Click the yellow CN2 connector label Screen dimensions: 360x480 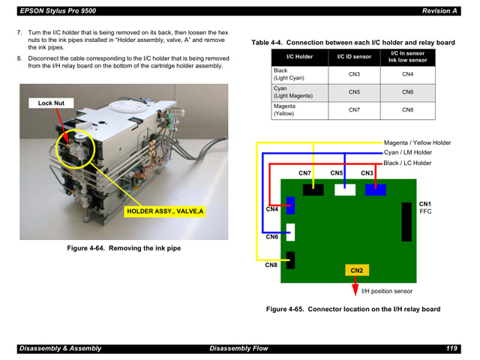click(x=356, y=270)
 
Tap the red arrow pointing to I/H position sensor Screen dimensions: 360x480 click(x=355, y=286)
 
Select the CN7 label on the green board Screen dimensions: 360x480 click(x=304, y=174)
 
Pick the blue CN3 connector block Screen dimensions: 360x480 click(x=375, y=189)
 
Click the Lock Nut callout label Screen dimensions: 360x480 click(x=51, y=103)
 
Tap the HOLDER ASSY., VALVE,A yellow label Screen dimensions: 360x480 click(x=165, y=211)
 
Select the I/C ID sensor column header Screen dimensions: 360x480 click(x=354, y=57)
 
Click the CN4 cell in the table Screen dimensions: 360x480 click(x=407, y=74)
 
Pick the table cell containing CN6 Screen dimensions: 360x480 click(x=407, y=92)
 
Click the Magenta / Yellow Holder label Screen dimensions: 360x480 click(x=417, y=142)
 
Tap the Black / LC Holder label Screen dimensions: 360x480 click(x=407, y=163)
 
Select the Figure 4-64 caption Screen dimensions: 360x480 click(x=124, y=248)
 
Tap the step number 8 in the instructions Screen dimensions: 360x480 click(x=19, y=58)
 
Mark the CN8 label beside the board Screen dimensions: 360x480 click(x=271, y=265)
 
